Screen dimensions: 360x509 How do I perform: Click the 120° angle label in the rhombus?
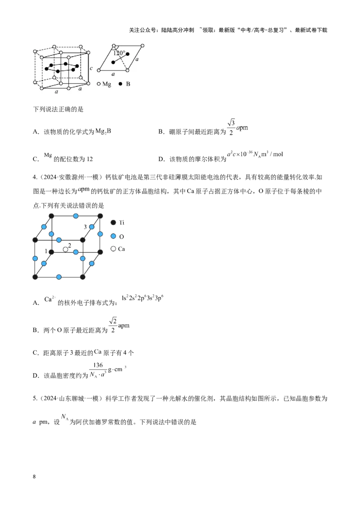coord(119,53)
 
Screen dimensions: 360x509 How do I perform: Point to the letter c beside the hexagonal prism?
coord(91,68)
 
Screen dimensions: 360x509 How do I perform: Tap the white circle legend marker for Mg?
coord(99,84)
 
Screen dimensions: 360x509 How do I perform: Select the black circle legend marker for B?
coord(120,84)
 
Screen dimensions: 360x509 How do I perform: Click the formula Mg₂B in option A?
coord(103,131)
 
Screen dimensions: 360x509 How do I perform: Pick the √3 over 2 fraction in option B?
coord(231,127)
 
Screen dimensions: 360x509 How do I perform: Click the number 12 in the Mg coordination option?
coord(90,159)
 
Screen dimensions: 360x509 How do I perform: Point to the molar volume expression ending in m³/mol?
coord(255,154)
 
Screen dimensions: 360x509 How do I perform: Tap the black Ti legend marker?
coord(113,223)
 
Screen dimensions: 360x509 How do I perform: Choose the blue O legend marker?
coord(113,236)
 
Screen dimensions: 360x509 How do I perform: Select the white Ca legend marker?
coord(113,249)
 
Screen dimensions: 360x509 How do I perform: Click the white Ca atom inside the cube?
coord(66,249)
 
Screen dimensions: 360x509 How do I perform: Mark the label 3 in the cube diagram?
coord(85,227)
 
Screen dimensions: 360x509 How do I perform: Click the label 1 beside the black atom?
coord(46,251)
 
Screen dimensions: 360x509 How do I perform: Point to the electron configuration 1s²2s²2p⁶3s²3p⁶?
coord(142,298)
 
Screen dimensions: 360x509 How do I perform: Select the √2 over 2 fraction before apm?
coord(113,325)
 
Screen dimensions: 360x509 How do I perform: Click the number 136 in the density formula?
coord(98,365)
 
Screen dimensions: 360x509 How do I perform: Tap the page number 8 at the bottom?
coord(35,477)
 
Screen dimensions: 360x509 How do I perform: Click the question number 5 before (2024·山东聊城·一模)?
coord(35,398)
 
